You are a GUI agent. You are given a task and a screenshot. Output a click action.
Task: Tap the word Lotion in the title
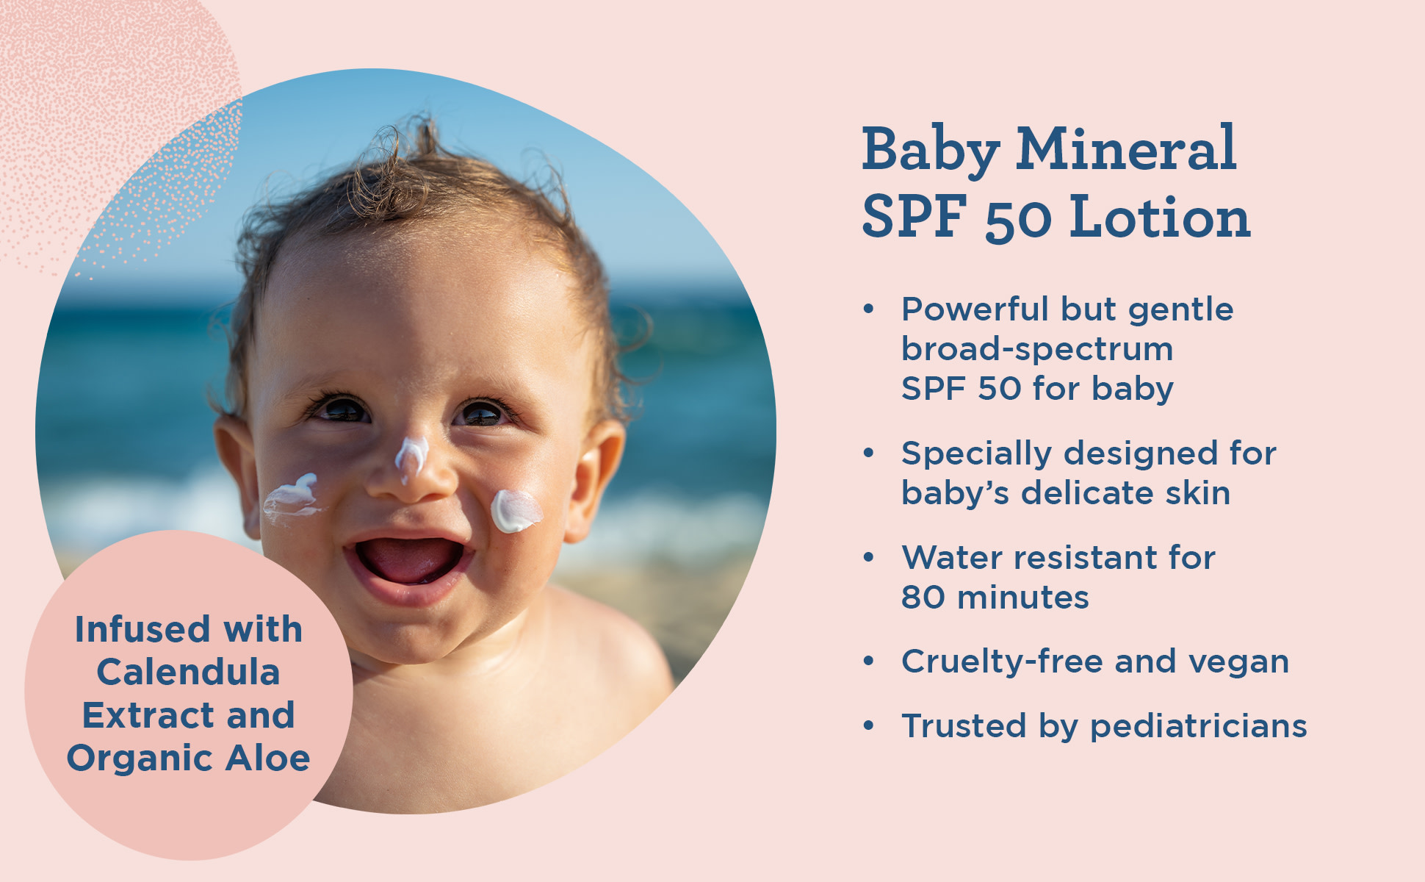1160,218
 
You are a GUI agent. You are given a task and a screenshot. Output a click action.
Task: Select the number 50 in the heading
1019,219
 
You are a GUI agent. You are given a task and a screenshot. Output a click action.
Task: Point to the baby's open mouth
408,560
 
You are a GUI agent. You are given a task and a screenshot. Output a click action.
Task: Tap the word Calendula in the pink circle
188,673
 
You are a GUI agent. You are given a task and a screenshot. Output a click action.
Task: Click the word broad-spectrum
1036,349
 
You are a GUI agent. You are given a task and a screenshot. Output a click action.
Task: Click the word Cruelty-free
1002,661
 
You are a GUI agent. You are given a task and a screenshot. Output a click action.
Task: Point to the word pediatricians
1198,727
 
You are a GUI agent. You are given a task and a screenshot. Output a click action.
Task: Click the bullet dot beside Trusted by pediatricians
869,726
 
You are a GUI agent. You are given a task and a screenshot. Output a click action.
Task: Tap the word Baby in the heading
930,151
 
